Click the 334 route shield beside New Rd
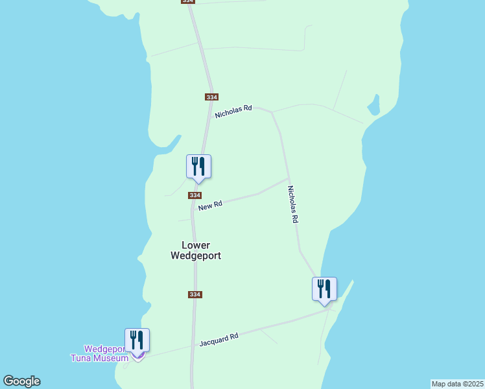195,195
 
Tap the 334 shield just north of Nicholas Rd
211,97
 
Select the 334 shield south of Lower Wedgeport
195,294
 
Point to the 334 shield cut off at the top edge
187,2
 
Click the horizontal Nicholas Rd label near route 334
233,112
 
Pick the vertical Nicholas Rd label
293,205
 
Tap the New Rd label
210,206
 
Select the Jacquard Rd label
219,338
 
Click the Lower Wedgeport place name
196,250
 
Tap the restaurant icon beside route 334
199,167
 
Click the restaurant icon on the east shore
324,289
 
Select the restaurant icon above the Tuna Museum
137,340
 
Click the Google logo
21,381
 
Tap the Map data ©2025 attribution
457,384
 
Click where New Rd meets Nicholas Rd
289,179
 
